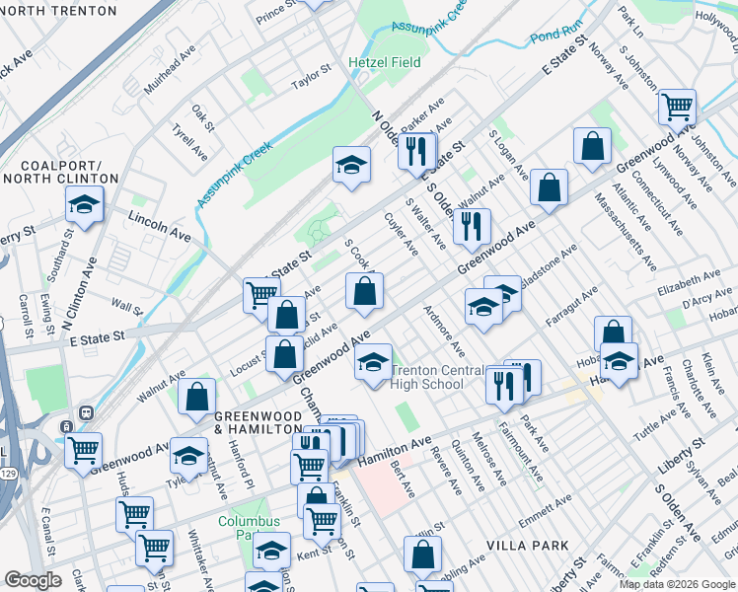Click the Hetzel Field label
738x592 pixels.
pos(384,62)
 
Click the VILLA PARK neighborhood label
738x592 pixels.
pos(528,545)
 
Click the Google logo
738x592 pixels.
pos(33,580)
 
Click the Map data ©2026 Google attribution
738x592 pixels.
pos(677,584)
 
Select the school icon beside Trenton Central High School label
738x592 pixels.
pos(374,361)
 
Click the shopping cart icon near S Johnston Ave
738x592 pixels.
pos(677,107)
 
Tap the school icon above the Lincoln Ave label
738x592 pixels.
pos(85,205)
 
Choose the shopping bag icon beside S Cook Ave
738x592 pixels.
pos(364,291)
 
